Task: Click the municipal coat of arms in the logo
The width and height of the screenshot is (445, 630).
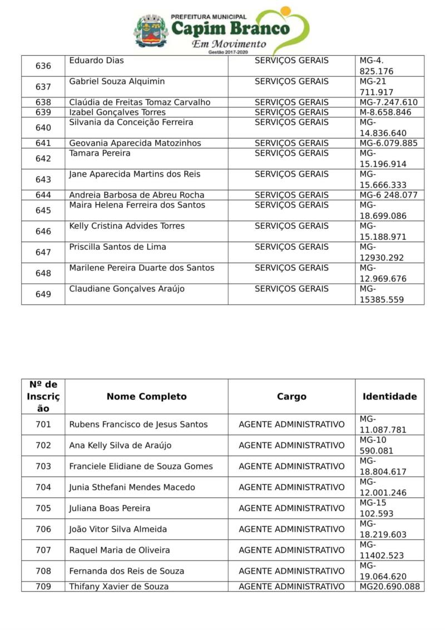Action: pos(151,31)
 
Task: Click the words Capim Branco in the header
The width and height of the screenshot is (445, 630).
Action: pos(230,28)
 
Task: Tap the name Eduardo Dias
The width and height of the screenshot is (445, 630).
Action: pos(96,60)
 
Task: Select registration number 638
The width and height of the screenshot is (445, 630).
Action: pos(43,102)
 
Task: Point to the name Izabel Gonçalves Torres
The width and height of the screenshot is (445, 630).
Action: pos(117,112)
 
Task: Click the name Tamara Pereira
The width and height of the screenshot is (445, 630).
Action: pos(100,153)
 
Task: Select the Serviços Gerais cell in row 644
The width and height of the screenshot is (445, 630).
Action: pos(291,195)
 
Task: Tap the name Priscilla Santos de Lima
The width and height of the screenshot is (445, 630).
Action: pos(117,247)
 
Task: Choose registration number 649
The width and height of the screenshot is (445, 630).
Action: pos(43,294)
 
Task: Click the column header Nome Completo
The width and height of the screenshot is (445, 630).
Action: pos(146,397)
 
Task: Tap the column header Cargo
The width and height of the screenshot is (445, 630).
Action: pos(291,397)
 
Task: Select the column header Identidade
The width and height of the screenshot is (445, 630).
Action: pos(389,397)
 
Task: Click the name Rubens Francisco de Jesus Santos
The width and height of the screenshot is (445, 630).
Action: pos(138,425)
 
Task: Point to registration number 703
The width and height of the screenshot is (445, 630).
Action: pos(43,466)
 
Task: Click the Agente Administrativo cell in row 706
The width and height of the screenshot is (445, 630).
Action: pos(291,529)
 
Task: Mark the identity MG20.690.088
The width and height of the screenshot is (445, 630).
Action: pos(389,587)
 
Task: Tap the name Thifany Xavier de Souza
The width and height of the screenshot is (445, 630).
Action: pos(118,587)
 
